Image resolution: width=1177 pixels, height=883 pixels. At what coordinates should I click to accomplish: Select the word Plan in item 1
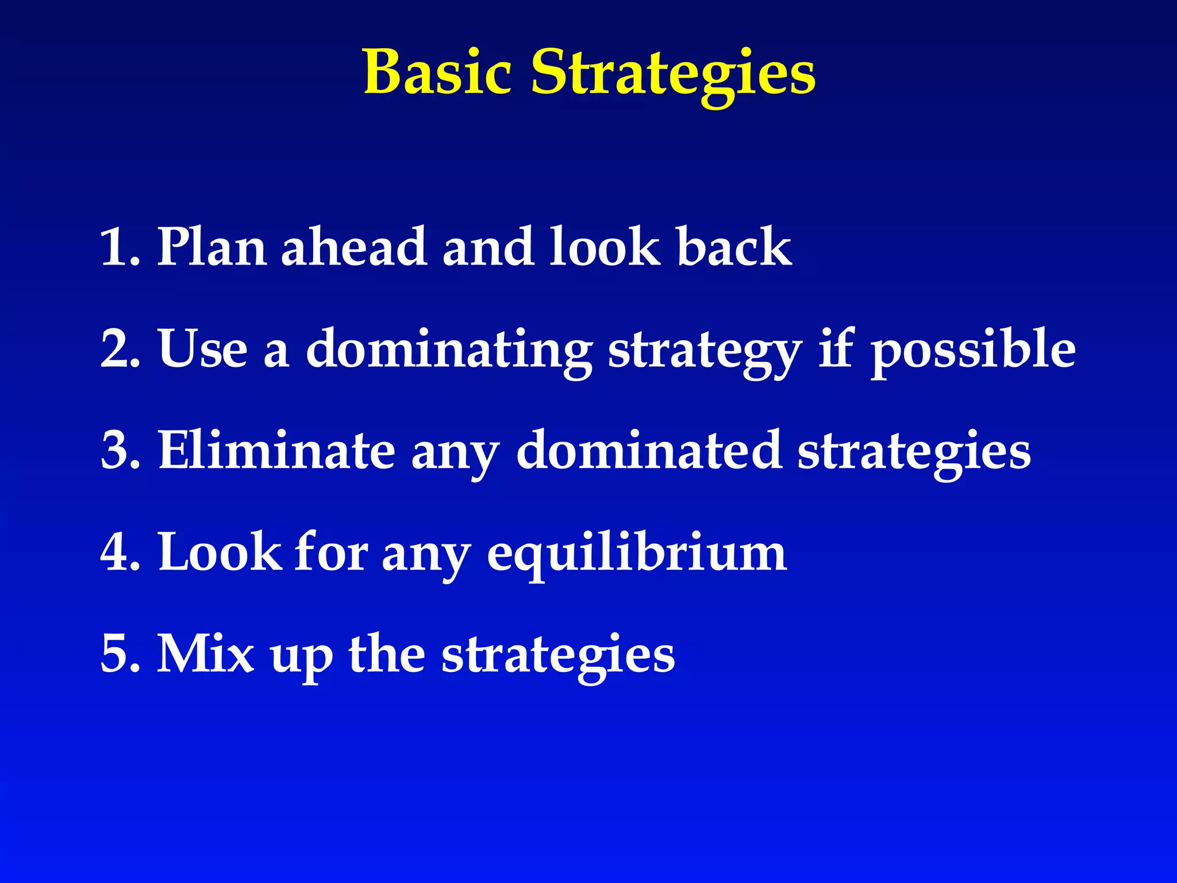[211, 247]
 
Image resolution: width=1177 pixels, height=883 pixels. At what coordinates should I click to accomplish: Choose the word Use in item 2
[203, 349]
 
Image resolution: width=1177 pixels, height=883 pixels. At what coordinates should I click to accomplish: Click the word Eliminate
[276, 451]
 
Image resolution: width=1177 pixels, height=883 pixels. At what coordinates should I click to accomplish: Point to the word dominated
[648, 451]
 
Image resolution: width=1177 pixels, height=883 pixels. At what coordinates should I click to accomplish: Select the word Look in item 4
[219, 552]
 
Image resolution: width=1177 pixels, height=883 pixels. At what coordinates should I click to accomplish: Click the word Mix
[205, 654]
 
